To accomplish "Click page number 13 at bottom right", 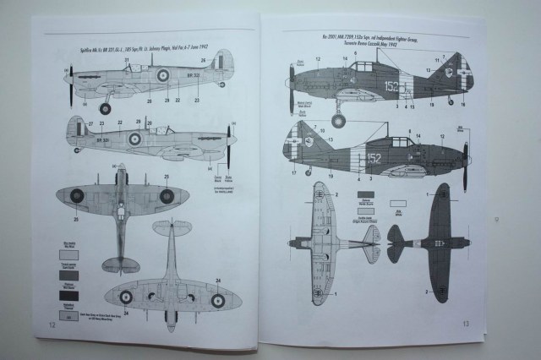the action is pos(466,323).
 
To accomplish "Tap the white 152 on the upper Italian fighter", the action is pos(393,85).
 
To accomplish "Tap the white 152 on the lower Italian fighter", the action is pos(374,158).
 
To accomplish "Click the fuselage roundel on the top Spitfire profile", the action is pos(162,75).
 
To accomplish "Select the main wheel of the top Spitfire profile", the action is pos(105,108).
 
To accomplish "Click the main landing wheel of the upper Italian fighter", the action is pos(338,121).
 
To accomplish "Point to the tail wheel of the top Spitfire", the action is pos(221,85).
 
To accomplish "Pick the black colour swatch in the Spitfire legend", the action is pos(68,296).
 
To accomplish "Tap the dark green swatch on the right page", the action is pos(399,193).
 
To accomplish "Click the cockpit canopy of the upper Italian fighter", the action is pos(364,66).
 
